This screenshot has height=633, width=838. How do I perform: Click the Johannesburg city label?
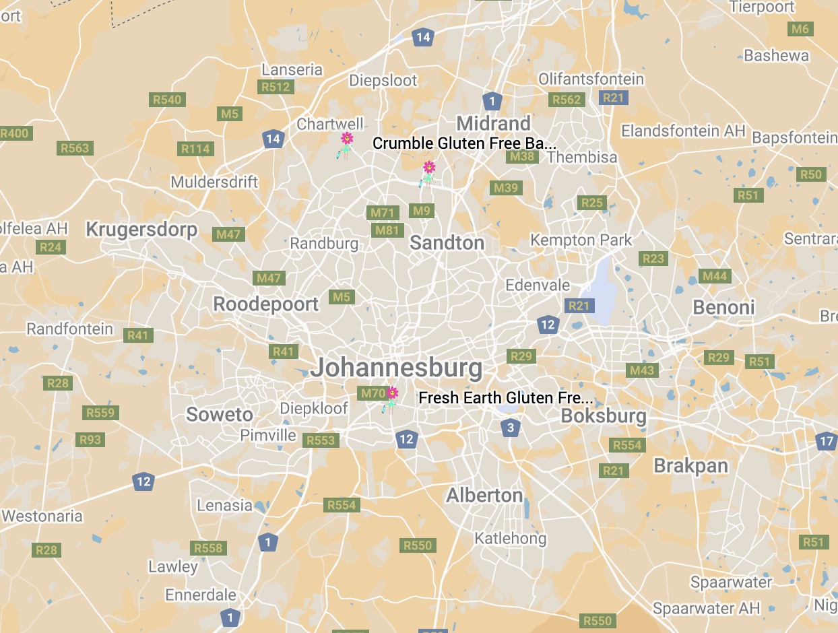pyautogui.click(x=396, y=368)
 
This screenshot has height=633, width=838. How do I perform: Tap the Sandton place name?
pyautogui.click(x=447, y=243)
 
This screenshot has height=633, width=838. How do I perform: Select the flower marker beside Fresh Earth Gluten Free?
pyautogui.click(x=391, y=399)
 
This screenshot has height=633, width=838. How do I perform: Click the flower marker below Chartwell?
pyautogui.click(x=346, y=144)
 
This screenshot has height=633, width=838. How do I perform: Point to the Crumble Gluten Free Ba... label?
pyautogui.click(x=465, y=143)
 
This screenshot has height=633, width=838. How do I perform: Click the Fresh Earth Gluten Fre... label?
pyautogui.click(x=506, y=398)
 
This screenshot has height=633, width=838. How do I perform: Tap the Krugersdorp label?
pyautogui.click(x=141, y=230)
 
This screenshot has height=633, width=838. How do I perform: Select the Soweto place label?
pyautogui.click(x=220, y=414)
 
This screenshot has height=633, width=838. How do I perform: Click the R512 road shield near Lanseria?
pyautogui.click(x=276, y=87)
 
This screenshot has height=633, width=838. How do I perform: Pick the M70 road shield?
pyautogui.click(x=373, y=393)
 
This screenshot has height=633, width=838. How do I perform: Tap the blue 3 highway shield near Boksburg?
pyautogui.click(x=511, y=428)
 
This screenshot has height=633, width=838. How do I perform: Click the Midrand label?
pyautogui.click(x=494, y=123)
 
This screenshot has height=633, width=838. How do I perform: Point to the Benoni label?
pyautogui.click(x=723, y=308)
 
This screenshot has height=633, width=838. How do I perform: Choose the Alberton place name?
pyautogui.click(x=484, y=496)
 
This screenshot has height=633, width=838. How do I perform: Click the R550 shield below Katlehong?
pyautogui.click(x=418, y=545)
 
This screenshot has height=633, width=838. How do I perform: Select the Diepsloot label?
pyautogui.click(x=383, y=81)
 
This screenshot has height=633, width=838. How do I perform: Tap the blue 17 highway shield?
pyautogui.click(x=827, y=442)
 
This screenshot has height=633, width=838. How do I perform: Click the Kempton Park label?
pyautogui.click(x=581, y=240)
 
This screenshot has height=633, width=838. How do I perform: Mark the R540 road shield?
pyautogui.click(x=167, y=100)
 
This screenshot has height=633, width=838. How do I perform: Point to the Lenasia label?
pyautogui.click(x=224, y=505)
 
